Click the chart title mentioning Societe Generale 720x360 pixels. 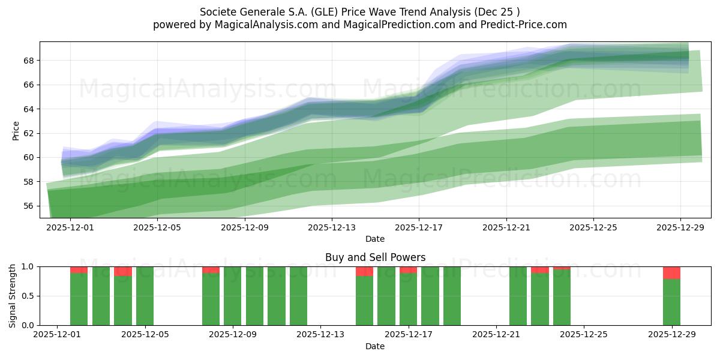[x=359, y=11]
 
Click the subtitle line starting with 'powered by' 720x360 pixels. [x=359, y=25]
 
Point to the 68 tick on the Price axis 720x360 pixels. [x=28, y=61]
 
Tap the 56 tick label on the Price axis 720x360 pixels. [x=28, y=206]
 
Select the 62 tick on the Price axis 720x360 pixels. [x=28, y=133]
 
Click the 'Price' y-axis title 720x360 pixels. [x=16, y=131]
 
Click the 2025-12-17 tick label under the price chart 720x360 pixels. [x=419, y=228]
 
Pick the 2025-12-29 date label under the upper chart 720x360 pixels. [x=680, y=228]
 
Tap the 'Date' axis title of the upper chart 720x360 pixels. [x=375, y=239]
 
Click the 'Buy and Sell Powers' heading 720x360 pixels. [x=375, y=257]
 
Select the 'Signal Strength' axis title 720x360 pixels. [x=13, y=296]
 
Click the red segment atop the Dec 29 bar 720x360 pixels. [x=671, y=272]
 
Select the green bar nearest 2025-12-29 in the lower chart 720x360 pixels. [x=671, y=302]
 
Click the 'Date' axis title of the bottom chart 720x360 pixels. [x=375, y=346]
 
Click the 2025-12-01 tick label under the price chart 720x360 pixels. [x=70, y=228]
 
